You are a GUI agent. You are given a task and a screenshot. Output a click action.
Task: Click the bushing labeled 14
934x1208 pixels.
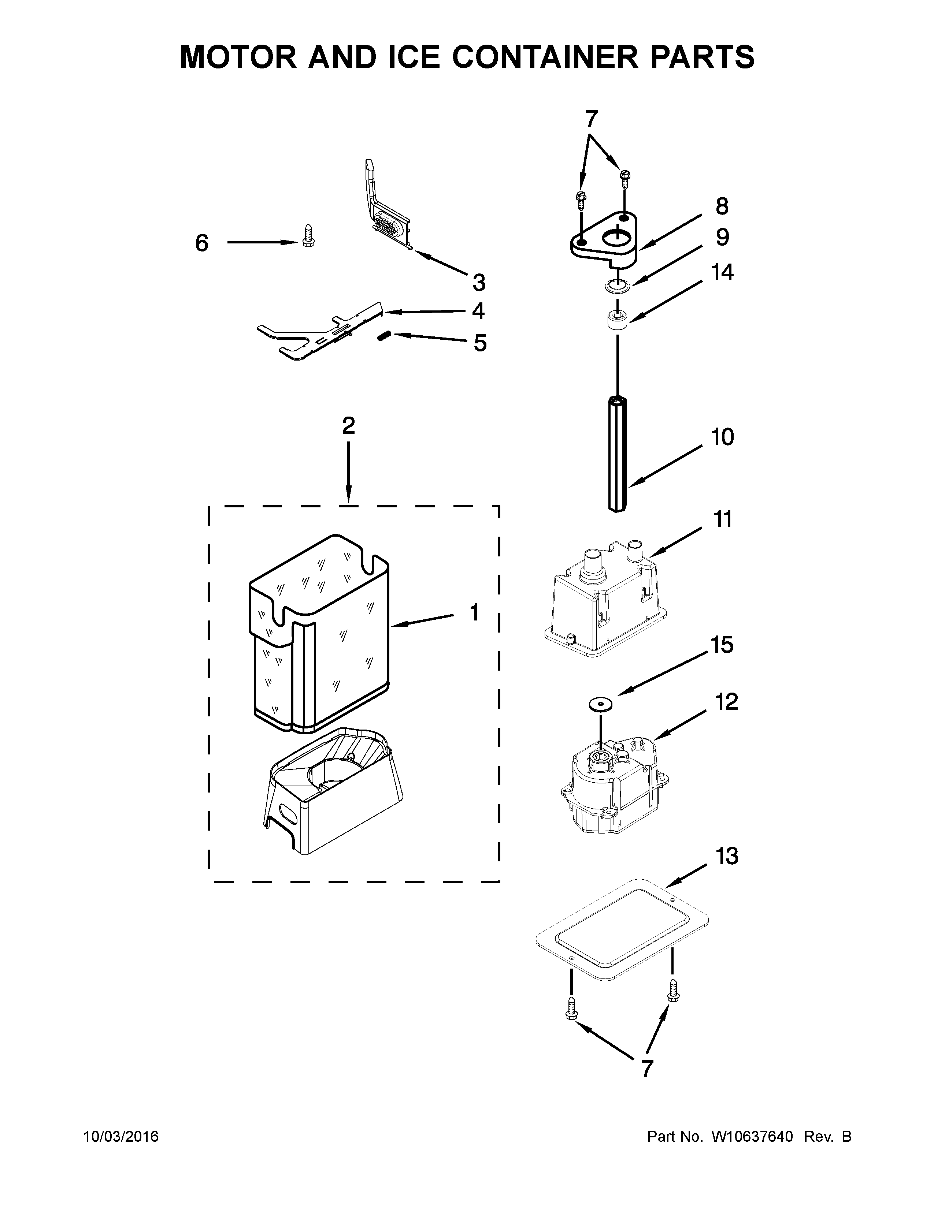pos(618,320)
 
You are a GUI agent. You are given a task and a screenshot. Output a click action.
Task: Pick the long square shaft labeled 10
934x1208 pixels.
pos(618,454)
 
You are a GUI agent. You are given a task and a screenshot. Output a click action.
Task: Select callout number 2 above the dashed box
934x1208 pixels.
pos(348,426)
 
